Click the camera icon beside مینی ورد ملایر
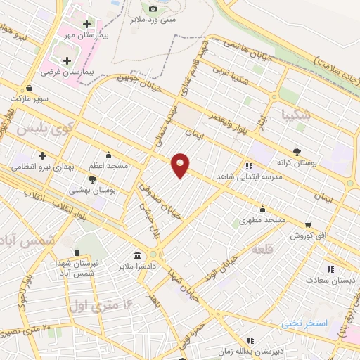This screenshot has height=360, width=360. (153, 8)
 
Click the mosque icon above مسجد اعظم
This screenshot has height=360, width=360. (108, 155)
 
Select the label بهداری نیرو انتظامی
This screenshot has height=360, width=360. (38, 167)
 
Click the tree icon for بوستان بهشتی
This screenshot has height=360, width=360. (92, 179)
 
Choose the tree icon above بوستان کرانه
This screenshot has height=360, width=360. (297, 151)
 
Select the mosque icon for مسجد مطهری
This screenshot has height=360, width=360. (262, 208)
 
